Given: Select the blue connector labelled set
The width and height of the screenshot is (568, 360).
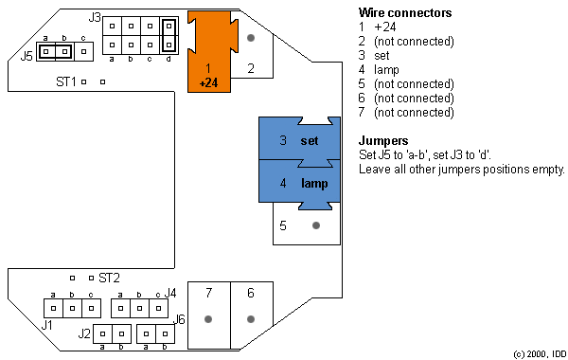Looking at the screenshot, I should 298,140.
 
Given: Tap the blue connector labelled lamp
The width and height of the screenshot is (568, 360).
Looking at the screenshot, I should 298,182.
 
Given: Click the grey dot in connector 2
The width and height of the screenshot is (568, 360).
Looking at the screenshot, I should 251,39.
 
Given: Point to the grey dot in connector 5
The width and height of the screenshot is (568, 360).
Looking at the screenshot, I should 316,225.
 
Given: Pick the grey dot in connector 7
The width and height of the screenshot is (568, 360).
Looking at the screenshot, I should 208,319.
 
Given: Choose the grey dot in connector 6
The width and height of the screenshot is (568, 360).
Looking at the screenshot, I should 251,319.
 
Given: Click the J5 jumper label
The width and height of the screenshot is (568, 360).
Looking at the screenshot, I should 27,56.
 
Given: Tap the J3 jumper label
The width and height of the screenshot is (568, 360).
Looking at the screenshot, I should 95,17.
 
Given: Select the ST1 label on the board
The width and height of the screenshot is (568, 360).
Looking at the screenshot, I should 65,82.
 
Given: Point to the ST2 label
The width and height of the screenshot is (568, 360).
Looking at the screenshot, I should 109,278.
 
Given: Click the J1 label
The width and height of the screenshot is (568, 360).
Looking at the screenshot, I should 47,324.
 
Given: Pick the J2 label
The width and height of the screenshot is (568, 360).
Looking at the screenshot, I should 84,333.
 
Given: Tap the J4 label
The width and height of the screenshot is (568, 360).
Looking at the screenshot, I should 170,292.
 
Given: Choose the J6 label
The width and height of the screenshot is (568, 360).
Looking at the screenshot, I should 180,319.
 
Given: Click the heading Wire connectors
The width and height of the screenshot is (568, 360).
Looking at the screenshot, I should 405,12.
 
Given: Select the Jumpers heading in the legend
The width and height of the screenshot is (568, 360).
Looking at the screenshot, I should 383,140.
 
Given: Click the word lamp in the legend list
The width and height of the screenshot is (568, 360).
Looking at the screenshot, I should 386,69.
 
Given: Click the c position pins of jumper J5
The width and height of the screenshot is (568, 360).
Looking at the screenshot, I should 83,50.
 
